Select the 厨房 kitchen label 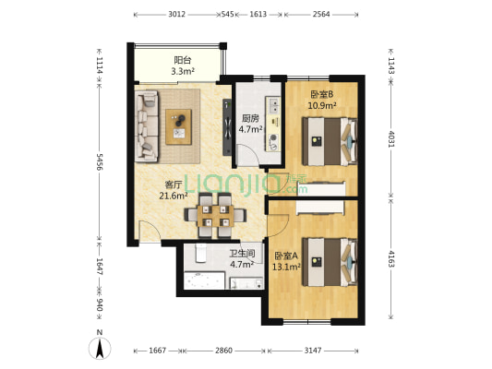[x=250, y=118]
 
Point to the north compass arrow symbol [x=102, y=348]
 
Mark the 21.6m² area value [x=174, y=195]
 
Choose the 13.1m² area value [x=286, y=268]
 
